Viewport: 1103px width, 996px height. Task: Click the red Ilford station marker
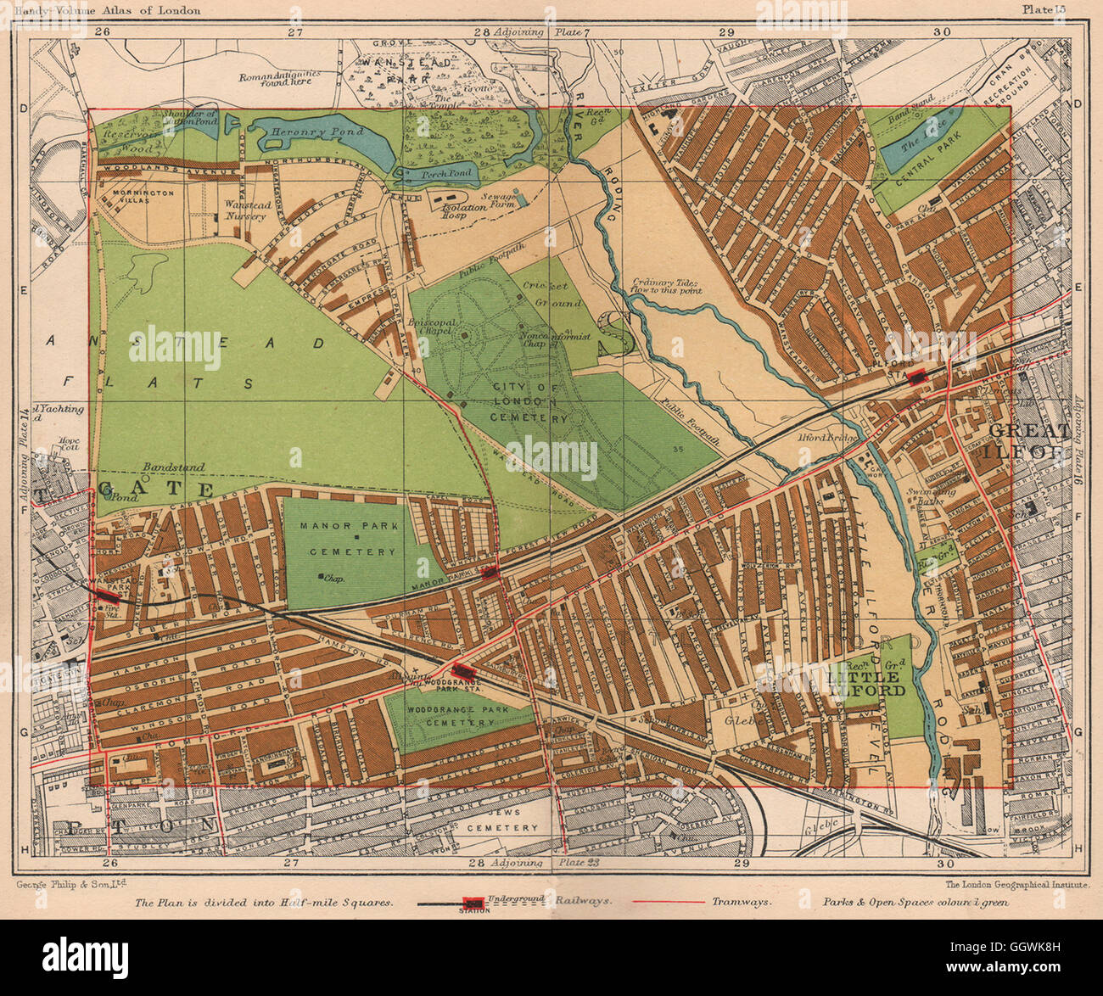tap(916, 377)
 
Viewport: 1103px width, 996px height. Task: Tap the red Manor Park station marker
tap(489, 574)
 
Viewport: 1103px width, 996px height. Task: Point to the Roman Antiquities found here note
tap(281, 79)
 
